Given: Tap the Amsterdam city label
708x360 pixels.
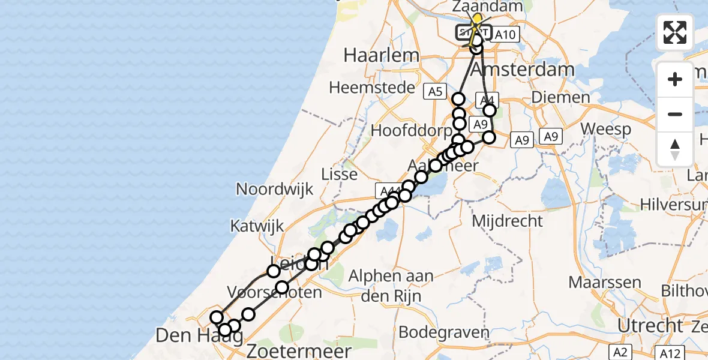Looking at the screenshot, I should [522, 70].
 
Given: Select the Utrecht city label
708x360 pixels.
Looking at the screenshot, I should [650, 326].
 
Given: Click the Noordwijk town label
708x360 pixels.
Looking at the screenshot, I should [275, 190].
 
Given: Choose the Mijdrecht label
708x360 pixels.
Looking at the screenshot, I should [507, 221].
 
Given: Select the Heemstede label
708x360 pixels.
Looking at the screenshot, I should [372, 88].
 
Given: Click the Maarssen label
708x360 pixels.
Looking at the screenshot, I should [604, 282].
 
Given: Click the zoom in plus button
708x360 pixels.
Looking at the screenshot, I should [675, 79].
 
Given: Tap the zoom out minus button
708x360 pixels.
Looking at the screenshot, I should [675, 114].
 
